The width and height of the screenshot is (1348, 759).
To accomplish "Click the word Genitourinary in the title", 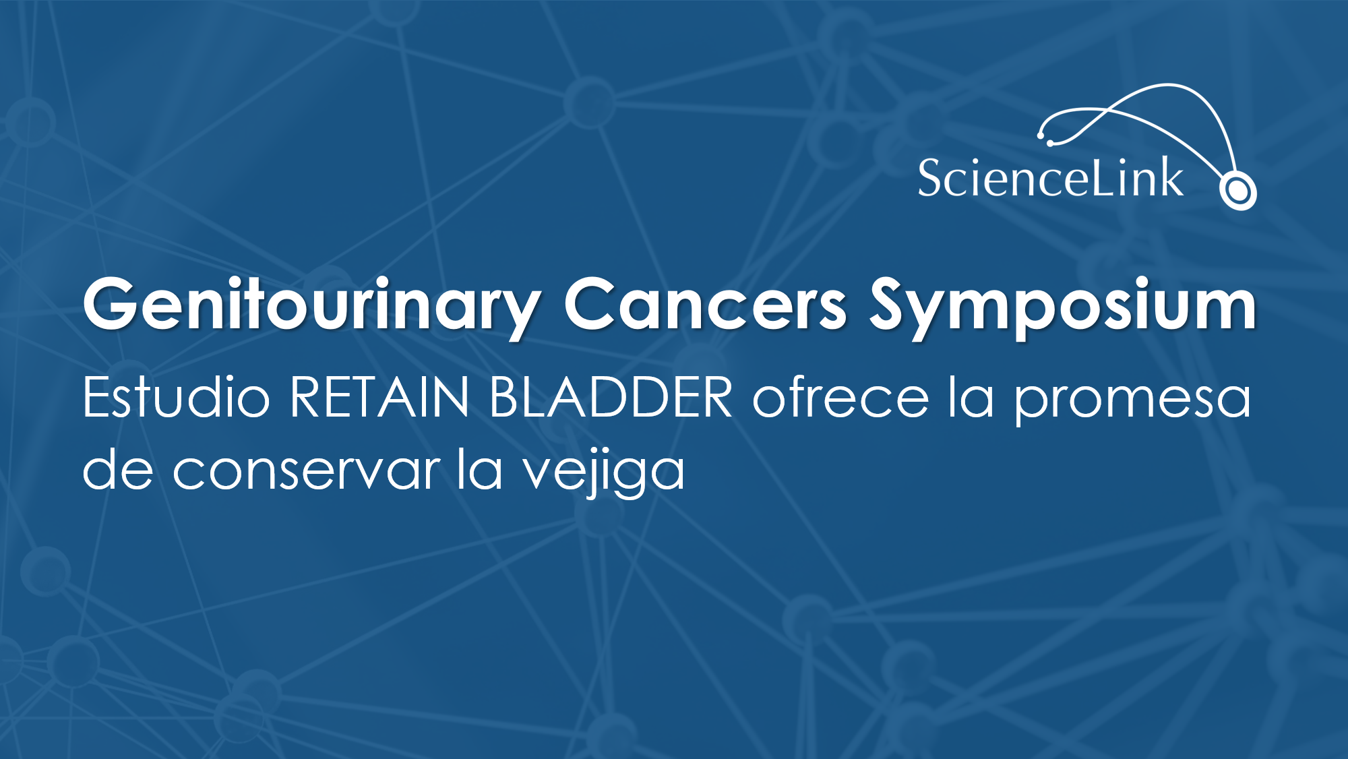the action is [311, 307].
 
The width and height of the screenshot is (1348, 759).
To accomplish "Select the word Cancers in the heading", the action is [705, 304].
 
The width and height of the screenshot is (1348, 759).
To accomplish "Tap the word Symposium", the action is [1063, 307].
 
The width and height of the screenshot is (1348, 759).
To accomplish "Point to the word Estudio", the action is [176, 396].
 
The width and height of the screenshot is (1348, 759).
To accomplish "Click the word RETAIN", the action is [379, 398].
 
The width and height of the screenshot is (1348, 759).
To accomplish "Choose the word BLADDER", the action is [611, 398].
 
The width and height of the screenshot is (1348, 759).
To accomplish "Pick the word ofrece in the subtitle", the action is [840, 396].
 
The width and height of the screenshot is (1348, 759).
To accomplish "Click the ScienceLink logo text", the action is [1050, 178].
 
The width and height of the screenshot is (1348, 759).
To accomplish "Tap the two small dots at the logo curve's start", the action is [1045, 140].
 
